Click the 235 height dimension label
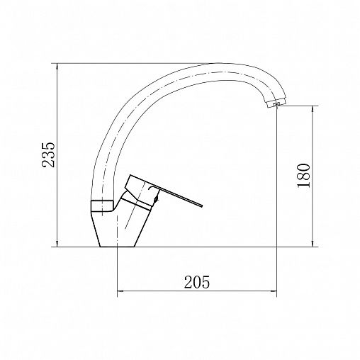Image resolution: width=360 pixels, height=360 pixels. [48, 154]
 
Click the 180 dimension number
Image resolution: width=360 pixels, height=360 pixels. [303, 175]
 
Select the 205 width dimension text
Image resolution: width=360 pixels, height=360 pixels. [197, 282]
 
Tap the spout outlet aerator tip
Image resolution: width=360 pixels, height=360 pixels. [276, 103]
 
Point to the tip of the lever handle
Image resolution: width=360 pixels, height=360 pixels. [202, 206]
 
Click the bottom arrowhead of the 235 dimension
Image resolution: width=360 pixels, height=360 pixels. [57, 244]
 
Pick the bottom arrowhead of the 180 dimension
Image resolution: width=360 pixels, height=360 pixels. [313, 244]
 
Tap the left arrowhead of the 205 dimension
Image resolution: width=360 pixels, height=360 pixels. [120, 291]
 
